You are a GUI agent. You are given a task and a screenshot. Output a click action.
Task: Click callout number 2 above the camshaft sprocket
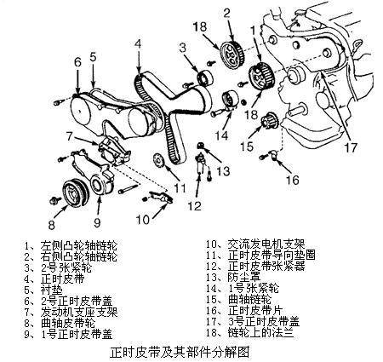click(x=227, y=12)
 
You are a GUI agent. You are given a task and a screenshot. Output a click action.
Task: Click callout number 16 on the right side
click(x=293, y=180)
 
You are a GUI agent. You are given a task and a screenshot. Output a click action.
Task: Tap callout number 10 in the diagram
click(x=142, y=218)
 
